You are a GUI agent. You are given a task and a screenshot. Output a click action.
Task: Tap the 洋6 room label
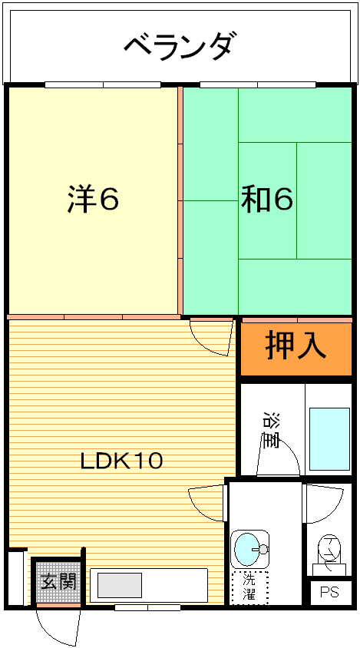[94, 200]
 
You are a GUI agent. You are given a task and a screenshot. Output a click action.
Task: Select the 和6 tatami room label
[267, 200]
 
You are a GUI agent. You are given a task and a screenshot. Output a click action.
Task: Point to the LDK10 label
[121, 461]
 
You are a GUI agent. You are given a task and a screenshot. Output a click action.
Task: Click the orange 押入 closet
[296, 349]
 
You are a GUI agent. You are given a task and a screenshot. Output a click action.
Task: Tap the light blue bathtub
[330, 439]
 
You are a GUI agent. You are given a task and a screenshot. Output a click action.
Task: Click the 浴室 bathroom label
[272, 430]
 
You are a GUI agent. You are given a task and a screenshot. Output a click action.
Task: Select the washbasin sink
[249, 549]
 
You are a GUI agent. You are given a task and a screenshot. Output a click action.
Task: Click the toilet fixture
[329, 554]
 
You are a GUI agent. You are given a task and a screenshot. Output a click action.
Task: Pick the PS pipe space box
[330, 593]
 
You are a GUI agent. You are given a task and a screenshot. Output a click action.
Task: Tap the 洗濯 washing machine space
[249, 587]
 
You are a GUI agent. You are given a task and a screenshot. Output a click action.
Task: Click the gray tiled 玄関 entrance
[58, 582]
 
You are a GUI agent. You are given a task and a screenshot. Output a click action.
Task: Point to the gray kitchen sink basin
[120, 585]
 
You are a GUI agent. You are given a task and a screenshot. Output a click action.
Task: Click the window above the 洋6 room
[103, 84]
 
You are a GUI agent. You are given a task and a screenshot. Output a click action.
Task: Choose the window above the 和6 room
[258, 84]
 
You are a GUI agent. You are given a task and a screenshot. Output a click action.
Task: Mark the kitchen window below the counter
[147, 607]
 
